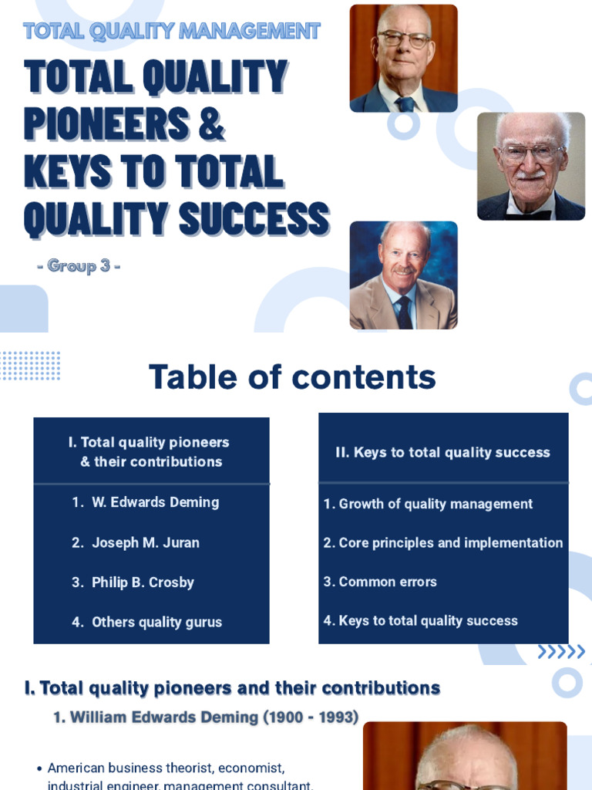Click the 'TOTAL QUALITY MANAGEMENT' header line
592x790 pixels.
pos(171,32)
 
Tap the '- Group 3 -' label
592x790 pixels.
pos(79,266)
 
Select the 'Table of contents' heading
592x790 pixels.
pos(292,377)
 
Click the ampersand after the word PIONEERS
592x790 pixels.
pos(210,123)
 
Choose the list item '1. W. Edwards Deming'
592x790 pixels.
pos(146,502)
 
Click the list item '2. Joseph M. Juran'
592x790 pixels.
pos(136,542)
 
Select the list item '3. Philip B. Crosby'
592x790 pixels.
pos(133,582)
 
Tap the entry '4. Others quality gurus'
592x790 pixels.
pos(146,622)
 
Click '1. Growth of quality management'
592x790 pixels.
pos(428,504)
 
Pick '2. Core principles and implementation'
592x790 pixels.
pos(443,543)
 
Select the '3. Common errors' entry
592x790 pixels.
pos(380,582)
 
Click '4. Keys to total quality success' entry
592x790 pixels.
pos(420,621)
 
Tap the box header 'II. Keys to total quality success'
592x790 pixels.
pos(442,453)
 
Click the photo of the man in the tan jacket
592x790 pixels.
pos(403,275)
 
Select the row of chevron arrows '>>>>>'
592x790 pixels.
pos(561,653)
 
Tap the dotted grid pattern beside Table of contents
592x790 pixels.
pos(31,366)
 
